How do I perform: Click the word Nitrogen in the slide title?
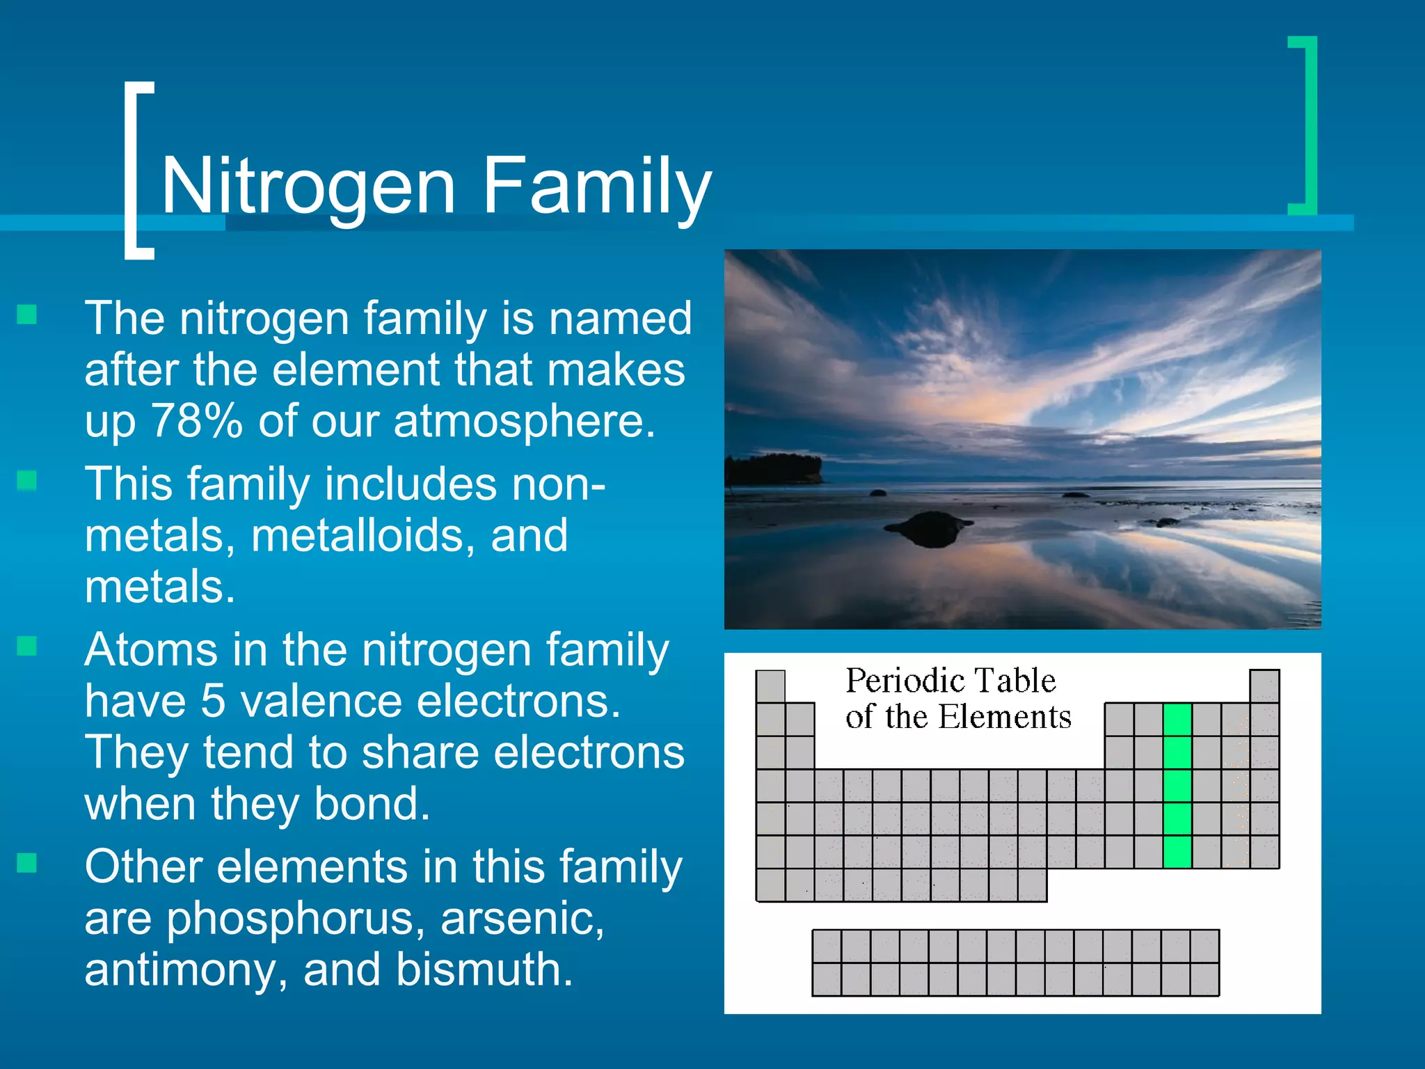click(308, 187)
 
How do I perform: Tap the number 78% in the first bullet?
click(197, 421)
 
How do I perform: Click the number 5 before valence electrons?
click(213, 701)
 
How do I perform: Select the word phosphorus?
click(295, 919)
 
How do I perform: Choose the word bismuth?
click(484, 970)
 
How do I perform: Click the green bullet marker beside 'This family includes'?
click(27, 480)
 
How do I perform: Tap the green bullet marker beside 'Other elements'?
click(27, 863)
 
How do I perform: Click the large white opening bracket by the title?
click(137, 171)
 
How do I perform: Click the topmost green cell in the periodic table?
click(1177, 720)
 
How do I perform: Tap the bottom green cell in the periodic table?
click(1177, 852)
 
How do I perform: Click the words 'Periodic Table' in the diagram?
click(950, 681)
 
